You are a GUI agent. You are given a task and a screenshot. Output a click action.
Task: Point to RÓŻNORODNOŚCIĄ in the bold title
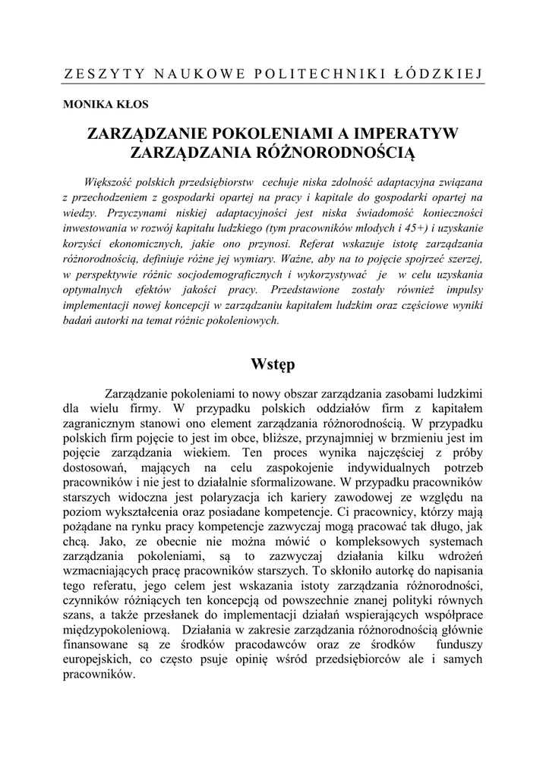(x=337, y=153)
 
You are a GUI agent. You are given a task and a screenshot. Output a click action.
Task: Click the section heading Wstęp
(x=273, y=364)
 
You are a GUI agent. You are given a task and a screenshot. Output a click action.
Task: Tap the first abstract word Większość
(x=109, y=182)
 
